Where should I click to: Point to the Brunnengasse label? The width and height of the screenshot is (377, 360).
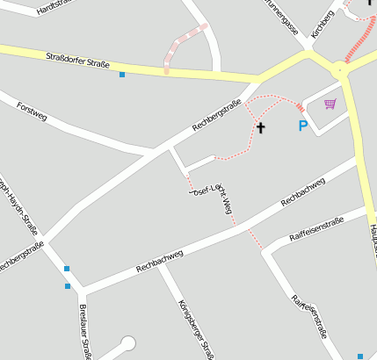tap(281, 16)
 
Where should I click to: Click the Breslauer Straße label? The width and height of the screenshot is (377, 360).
tap(85, 331)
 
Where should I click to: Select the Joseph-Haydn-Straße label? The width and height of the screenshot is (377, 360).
tap(22, 206)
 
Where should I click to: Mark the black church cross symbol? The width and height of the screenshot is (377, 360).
tap(260, 128)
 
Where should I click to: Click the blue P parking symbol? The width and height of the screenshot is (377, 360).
tap(303, 127)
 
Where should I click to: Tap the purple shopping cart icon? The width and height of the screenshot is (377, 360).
tap(330, 104)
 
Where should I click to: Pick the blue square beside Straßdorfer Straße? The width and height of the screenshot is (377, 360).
tap(122, 76)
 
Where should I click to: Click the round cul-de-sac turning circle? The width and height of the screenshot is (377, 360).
tap(129, 343)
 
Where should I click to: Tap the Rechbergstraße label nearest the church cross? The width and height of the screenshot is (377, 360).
tap(216, 117)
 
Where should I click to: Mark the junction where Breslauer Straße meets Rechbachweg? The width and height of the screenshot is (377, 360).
tap(83, 291)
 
